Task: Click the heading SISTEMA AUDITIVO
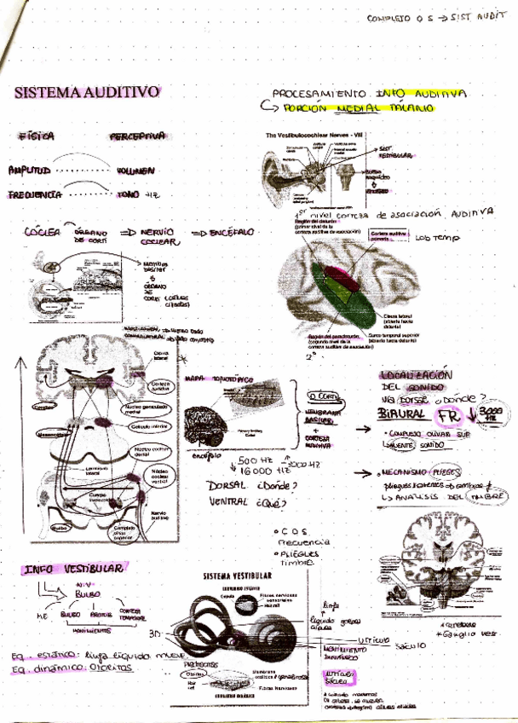click(87, 92)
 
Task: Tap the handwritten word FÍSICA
click(37, 136)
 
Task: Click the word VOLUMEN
click(135, 171)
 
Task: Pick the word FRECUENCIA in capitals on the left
click(36, 195)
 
